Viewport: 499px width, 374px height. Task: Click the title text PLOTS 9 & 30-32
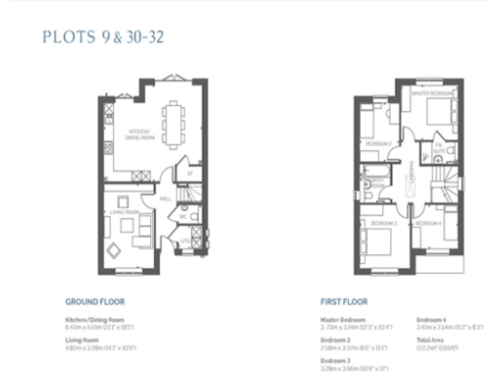pos(100,38)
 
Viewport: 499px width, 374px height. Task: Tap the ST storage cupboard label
pos(190,173)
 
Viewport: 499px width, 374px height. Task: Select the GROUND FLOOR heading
pos(95,302)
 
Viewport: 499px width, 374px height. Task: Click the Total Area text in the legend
pos(430,338)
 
